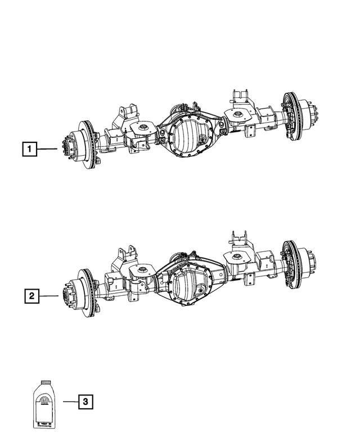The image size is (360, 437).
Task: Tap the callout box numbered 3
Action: (84, 402)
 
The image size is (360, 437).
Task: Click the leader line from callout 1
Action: (48, 149)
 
